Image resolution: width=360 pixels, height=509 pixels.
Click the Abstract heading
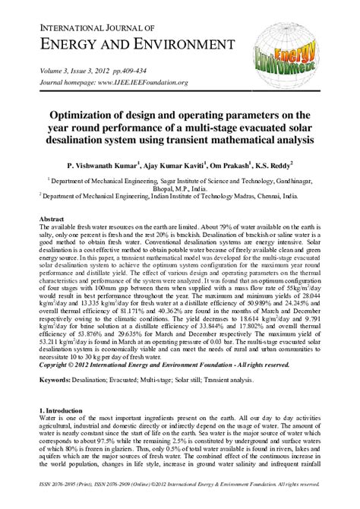(53, 219)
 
